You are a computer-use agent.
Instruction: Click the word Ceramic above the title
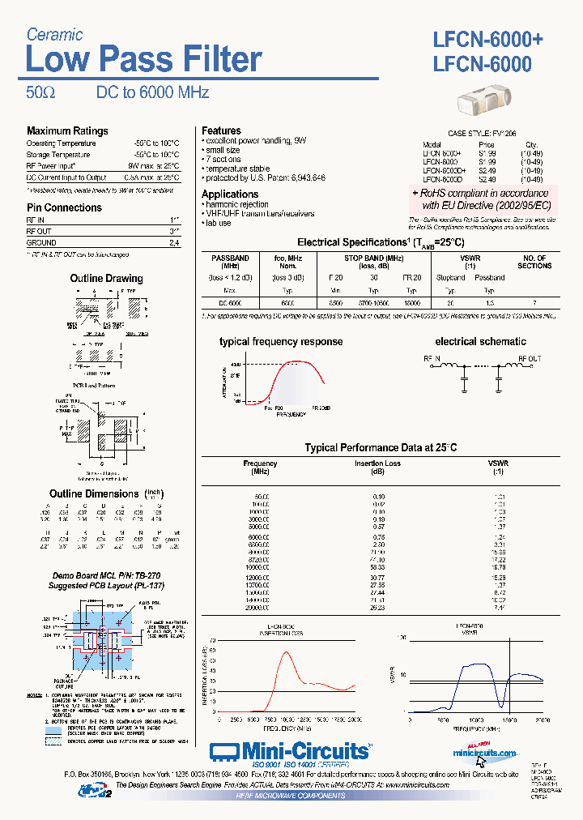pyautogui.click(x=54, y=34)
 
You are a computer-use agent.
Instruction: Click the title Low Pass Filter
pyautogui.click(x=143, y=60)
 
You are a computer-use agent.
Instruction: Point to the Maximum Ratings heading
pyautogui.click(x=67, y=131)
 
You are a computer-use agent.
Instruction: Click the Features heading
pyautogui.click(x=221, y=130)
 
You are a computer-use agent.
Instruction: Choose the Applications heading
pyautogui.click(x=230, y=194)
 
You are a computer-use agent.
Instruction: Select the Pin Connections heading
pyautogui.click(x=64, y=207)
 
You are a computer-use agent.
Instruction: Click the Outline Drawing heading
pyautogui.click(x=106, y=279)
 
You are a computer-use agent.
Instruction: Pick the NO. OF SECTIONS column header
pyautogui.click(x=534, y=262)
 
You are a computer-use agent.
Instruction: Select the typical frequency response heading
pyautogui.click(x=281, y=342)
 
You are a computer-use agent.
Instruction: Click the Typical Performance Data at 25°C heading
pyautogui.click(x=381, y=447)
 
